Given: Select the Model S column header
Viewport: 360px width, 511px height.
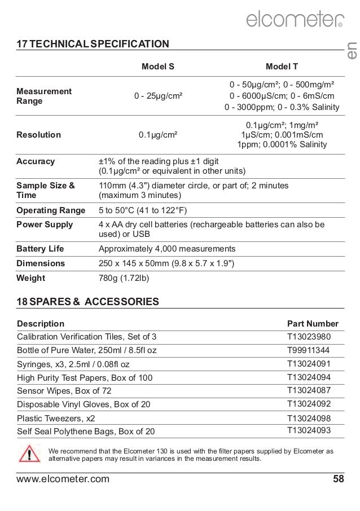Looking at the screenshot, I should click(x=157, y=67).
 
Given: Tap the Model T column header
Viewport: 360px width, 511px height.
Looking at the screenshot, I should click(x=282, y=67).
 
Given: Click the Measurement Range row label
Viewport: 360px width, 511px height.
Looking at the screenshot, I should click(x=44, y=96).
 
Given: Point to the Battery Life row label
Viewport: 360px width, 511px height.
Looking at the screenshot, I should click(x=40, y=249).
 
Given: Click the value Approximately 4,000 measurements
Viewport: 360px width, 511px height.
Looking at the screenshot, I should click(x=167, y=249).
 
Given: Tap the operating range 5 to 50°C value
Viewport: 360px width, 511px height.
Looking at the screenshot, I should click(x=142, y=211).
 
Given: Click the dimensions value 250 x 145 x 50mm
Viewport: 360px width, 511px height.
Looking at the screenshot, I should click(x=166, y=263).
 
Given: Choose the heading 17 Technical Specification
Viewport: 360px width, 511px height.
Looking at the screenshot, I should click(x=93, y=43).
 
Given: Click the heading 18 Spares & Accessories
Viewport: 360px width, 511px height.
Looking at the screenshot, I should click(x=87, y=302).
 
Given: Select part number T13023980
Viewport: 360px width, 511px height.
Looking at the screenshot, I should click(x=309, y=337).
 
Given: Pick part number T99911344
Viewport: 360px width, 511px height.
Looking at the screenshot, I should click(x=309, y=350).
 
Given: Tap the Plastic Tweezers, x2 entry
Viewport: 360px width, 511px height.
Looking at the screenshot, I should click(x=56, y=419).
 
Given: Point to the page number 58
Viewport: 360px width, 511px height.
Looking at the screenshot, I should click(x=338, y=480).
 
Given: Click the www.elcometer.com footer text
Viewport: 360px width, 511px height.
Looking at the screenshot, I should click(x=63, y=480).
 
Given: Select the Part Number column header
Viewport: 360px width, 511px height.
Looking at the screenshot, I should click(x=313, y=324).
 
